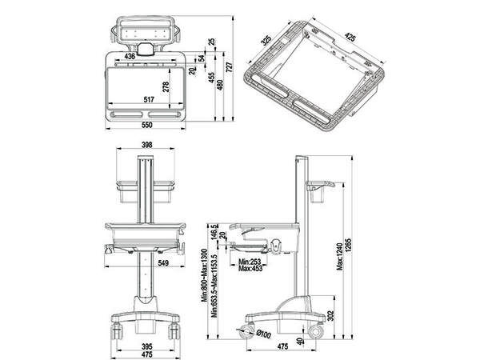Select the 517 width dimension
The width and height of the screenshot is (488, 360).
(x=149, y=100)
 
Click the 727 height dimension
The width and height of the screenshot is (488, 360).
(x=230, y=70)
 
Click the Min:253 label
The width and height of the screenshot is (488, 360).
(x=250, y=261)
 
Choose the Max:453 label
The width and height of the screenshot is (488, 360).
(x=250, y=269)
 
